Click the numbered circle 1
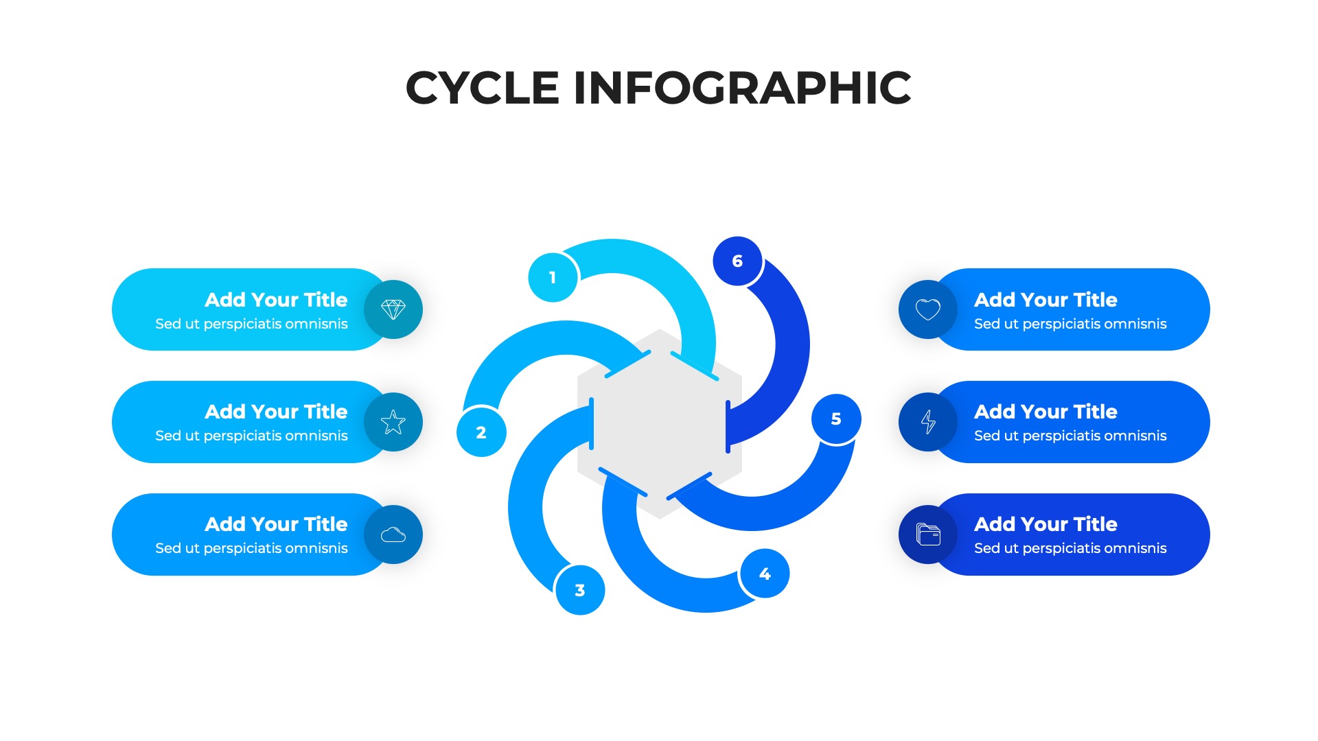(553, 277)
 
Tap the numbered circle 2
(481, 432)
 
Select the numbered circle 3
(580, 590)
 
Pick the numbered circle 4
(765, 574)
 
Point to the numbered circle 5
(836, 419)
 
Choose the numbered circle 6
(737, 261)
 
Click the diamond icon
(393, 309)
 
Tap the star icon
(393, 422)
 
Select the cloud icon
(393, 534)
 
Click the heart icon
(928, 309)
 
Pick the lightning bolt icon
(928, 422)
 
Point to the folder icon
(928, 534)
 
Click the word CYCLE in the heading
(483, 88)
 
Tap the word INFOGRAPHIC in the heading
(742, 88)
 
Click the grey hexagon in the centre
(660, 424)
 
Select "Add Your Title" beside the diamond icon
(276, 300)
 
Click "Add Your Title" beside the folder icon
(1045, 524)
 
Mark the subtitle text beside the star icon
(251, 436)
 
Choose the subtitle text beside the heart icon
(1070, 324)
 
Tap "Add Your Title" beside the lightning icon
(1045, 412)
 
